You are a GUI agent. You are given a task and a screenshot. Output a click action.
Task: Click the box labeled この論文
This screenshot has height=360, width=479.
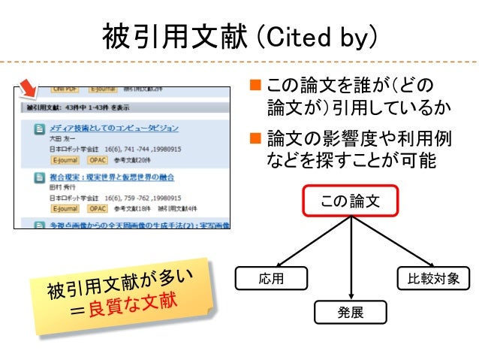tap(351, 201)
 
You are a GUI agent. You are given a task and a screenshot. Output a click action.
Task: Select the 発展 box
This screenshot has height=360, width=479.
tap(351, 313)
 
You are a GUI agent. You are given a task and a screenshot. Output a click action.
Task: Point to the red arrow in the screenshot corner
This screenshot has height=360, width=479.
tap(28, 89)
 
